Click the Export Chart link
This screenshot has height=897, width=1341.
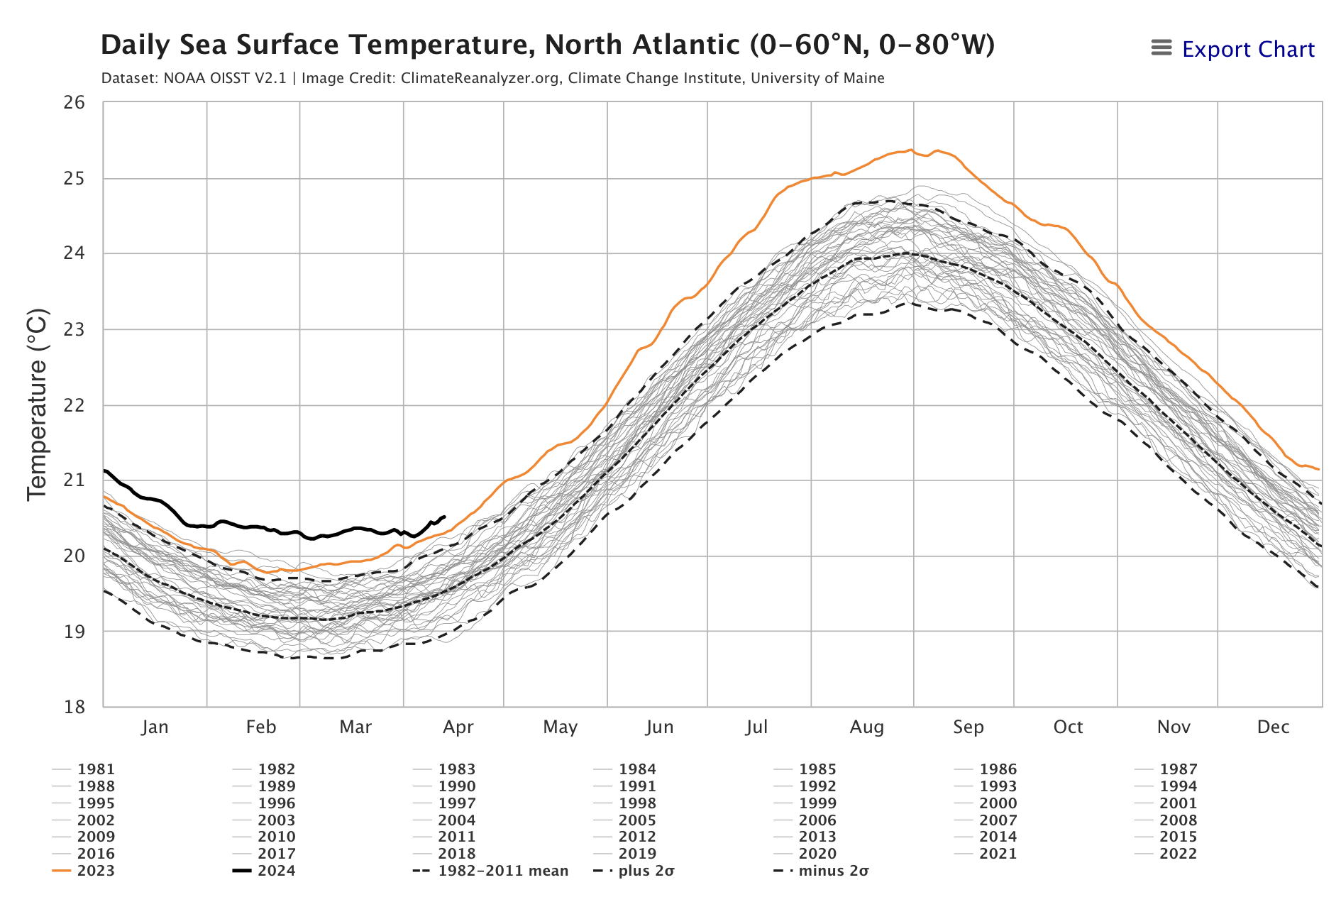click(1247, 50)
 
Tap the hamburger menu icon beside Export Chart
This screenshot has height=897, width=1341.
click(1161, 48)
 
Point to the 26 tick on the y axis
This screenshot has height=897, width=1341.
click(74, 103)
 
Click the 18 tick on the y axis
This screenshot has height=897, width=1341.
click(74, 707)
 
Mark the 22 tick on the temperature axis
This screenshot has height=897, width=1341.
click(74, 405)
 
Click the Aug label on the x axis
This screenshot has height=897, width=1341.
click(866, 727)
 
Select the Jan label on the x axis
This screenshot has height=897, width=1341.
click(155, 727)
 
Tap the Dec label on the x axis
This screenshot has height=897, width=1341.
click(1273, 727)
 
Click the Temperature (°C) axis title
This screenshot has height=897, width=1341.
click(37, 405)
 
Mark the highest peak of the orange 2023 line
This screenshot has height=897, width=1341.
click(911, 150)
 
